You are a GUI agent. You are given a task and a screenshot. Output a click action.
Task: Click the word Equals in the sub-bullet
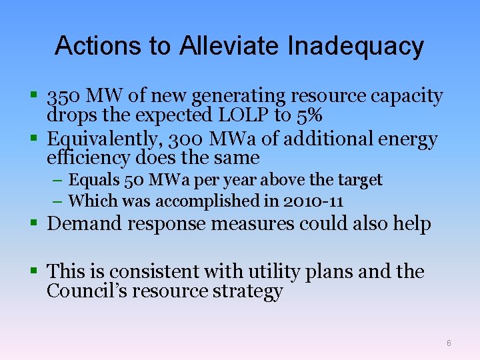click(91, 180)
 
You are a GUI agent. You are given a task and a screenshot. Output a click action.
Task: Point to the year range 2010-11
click(313, 201)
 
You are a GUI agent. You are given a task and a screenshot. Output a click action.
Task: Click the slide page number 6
click(449, 343)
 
